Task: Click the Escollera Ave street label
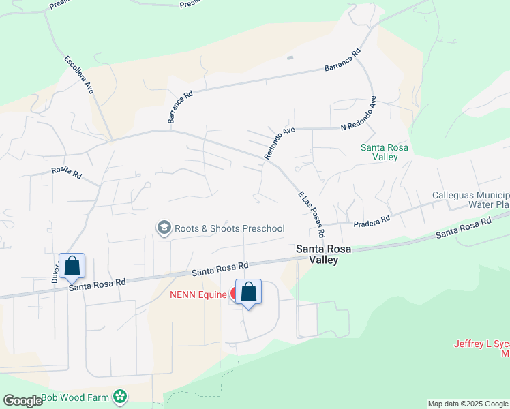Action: click(78, 74)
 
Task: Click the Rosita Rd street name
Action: click(67, 173)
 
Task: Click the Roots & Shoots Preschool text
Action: click(230, 228)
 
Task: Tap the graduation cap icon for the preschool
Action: click(164, 228)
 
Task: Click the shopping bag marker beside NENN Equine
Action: click(249, 292)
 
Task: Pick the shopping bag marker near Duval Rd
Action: click(72, 267)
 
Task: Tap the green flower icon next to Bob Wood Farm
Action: click(121, 396)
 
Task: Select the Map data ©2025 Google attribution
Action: click(468, 404)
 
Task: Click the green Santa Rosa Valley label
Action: click(379, 151)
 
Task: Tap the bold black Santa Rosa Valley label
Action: click(323, 255)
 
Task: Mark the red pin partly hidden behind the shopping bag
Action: click(235, 294)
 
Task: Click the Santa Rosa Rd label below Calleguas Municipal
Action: click(464, 228)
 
